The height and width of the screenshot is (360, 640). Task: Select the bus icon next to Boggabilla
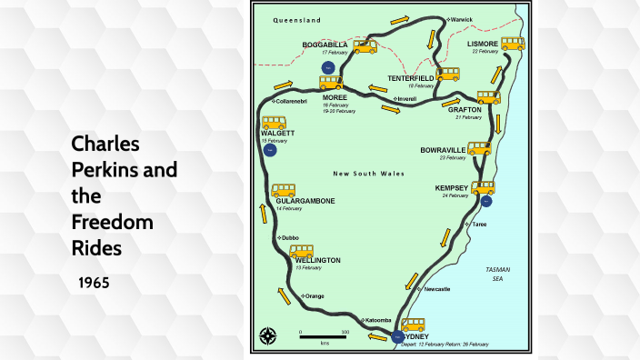pyautogui.click(x=365, y=46)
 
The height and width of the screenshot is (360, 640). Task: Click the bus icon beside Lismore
pyautogui.click(x=513, y=44)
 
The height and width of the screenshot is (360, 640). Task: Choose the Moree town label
pyautogui.click(x=335, y=97)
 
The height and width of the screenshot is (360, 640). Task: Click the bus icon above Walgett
pyautogui.click(x=275, y=123)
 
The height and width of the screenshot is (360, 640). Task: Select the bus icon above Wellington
pyautogui.click(x=301, y=251)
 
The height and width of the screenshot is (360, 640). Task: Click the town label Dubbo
pyautogui.click(x=291, y=238)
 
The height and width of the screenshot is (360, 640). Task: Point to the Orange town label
pyautogui.click(x=314, y=296)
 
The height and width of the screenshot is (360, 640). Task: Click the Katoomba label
pyautogui.click(x=377, y=320)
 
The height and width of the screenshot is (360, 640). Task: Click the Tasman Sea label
pyautogui.click(x=498, y=275)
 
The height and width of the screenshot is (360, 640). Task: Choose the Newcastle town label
pyautogui.click(x=437, y=289)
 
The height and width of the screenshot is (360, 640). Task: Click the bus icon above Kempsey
pyautogui.click(x=483, y=187)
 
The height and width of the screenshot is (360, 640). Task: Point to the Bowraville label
pyautogui.click(x=443, y=150)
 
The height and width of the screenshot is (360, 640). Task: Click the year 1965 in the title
pyautogui.click(x=94, y=283)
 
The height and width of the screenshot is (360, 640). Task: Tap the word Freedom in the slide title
pyautogui.click(x=111, y=221)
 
